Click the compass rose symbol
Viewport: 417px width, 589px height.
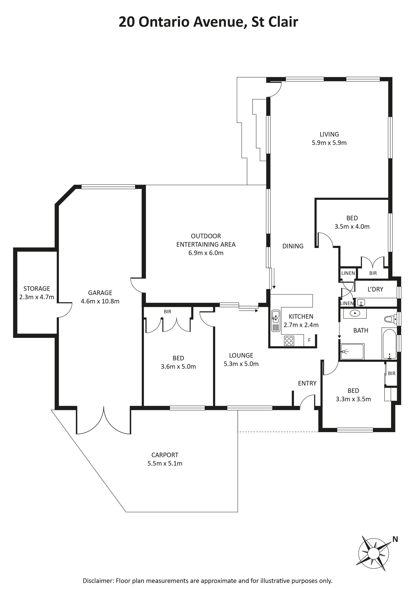coord(374,551)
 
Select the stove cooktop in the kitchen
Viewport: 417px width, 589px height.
coord(289,341)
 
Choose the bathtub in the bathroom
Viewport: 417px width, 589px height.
coord(389,343)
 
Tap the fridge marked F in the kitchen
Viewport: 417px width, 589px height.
coord(309,340)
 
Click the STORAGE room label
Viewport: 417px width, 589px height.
coord(37,289)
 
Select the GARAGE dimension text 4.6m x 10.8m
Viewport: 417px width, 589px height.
coord(100,301)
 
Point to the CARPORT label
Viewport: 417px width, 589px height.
coord(165,455)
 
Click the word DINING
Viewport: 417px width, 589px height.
coord(293,246)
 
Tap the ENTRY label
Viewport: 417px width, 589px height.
coord(307,383)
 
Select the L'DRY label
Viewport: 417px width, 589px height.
coord(375,289)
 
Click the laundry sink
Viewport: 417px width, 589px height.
coord(361,303)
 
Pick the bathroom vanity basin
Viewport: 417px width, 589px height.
coord(355,313)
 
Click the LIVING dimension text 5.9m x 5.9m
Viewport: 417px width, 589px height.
coord(329,143)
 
